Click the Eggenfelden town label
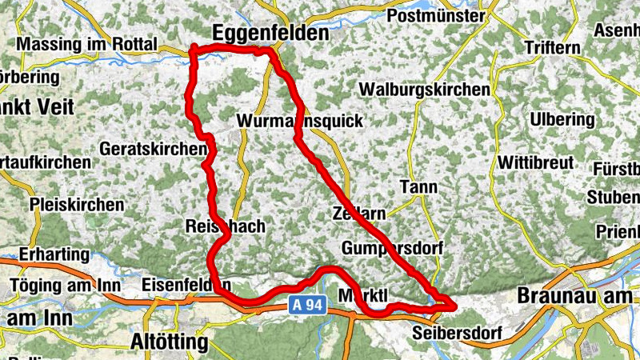[x=271, y=33]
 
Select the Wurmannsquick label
[x=300, y=121]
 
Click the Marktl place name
[x=364, y=295]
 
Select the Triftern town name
[x=552, y=47]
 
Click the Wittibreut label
[x=535, y=162]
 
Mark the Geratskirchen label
[x=150, y=149]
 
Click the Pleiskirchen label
[x=77, y=205]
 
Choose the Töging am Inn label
[x=66, y=286]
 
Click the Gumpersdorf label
[x=392, y=248]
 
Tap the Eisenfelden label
[x=186, y=284]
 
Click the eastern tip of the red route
[x=454, y=304]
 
